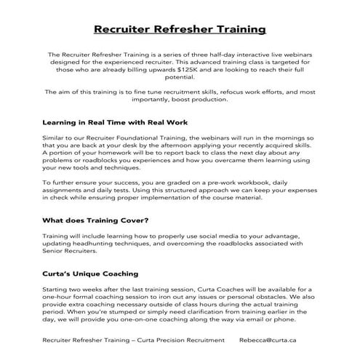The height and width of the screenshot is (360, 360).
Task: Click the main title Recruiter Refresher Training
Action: pyautogui.click(x=180, y=30)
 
